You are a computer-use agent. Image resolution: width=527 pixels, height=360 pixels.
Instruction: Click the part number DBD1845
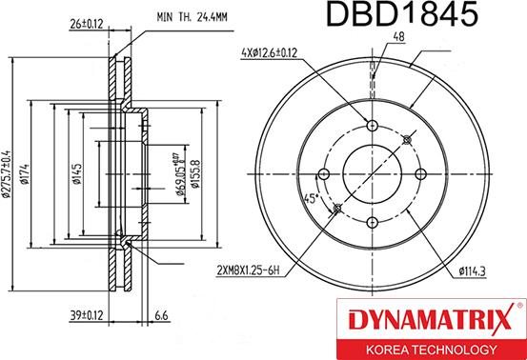402,13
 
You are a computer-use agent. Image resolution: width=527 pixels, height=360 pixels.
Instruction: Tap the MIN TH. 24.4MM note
192,17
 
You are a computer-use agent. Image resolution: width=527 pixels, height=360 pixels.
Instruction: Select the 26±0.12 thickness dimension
86,24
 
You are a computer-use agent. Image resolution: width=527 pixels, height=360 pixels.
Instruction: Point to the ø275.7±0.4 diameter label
8,173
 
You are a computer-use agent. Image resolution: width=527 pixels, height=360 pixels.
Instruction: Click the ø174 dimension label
25,173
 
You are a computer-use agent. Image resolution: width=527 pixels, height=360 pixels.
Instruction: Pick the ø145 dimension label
77,174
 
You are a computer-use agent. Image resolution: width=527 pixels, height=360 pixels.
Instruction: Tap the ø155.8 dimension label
195,174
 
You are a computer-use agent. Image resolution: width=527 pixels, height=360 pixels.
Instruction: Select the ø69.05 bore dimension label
181,174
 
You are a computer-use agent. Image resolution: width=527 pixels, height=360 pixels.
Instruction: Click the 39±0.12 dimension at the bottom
86,315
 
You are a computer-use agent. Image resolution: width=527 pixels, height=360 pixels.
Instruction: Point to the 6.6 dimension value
161,315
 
